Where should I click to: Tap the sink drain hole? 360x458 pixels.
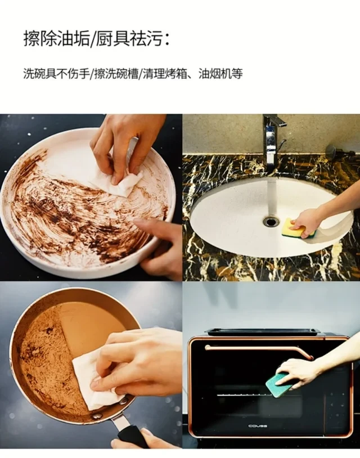point(271,221)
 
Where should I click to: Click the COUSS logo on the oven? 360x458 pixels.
point(258,426)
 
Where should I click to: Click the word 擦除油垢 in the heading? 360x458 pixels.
point(56,39)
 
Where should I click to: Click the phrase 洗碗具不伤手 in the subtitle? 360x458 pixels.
point(56,74)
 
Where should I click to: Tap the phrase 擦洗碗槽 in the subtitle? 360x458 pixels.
point(116,74)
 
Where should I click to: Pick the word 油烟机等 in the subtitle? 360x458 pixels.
point(220,74)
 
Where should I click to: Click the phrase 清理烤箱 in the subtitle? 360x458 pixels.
point(165,74)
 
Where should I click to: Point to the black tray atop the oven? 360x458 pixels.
point(262,332)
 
